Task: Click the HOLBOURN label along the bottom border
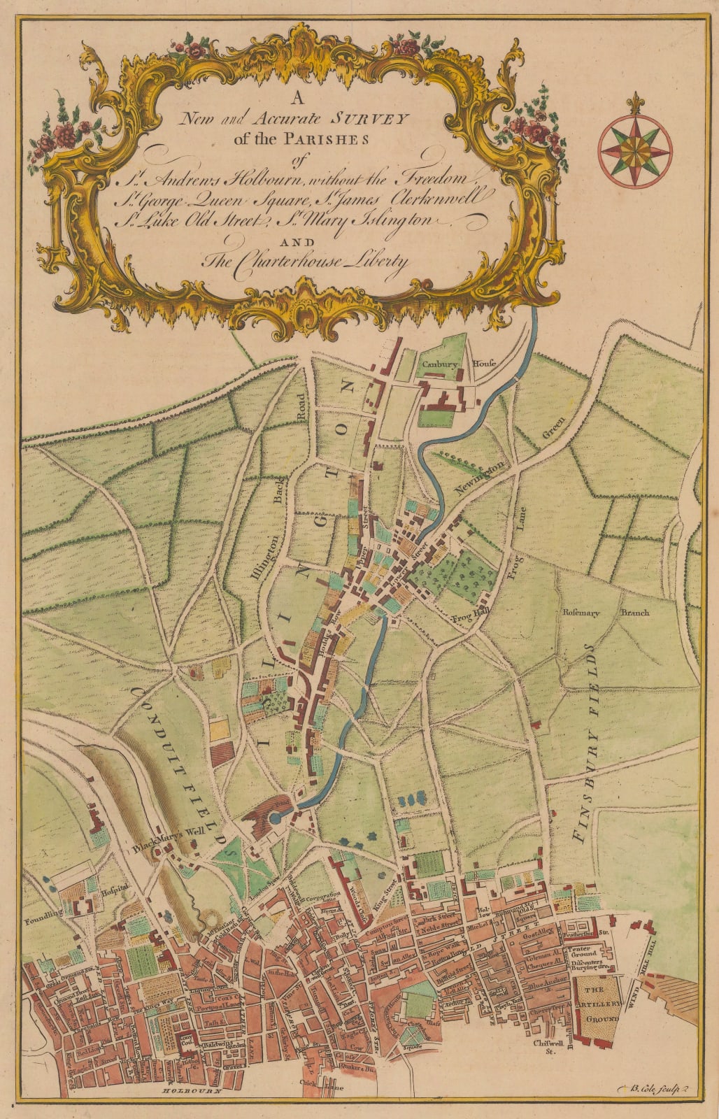(191, 1090)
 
